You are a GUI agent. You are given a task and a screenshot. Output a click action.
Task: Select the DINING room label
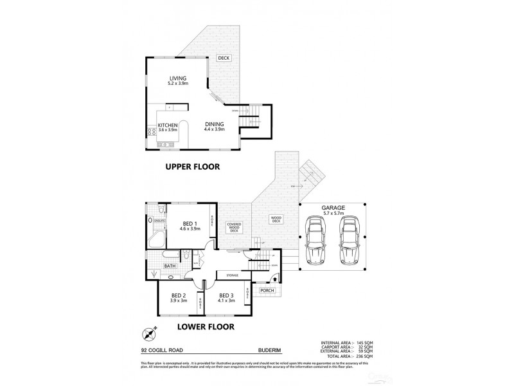pyautogui.click(x=215, y=124)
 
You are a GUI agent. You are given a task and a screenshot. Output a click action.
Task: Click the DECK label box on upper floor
pyautogui.click(x=224, y=58)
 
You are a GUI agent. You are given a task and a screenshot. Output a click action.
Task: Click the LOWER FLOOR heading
pyautogui.click(x=206, y=326)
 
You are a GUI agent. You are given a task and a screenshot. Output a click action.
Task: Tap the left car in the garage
pyautogui.click(x=317, y=241)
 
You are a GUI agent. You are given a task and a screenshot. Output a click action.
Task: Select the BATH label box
pyautogui.click(x=170, y=265)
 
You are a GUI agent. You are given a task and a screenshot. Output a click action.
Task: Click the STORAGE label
pyautogui.click(x=231, y=275)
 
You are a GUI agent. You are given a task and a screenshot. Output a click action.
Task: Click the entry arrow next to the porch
pyautogui.click(x=276, y=279)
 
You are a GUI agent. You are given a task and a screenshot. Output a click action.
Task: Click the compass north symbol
pyautogui.click(x=150, y=334)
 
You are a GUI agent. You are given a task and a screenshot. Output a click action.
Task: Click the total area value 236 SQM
pyautogui.click(x=362, y=356)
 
